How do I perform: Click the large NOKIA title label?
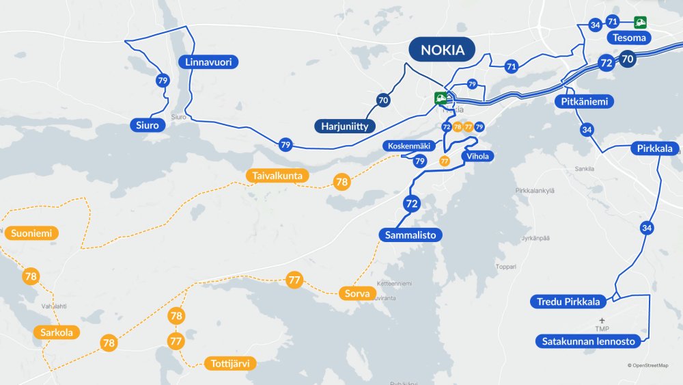coord(442,50)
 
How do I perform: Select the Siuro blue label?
coord(148,126)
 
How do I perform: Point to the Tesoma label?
coord(629,38)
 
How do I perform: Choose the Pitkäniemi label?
coord(584,102)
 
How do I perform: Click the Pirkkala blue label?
coord(654,148)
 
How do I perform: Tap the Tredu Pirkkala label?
coord(568,302)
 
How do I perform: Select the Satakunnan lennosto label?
coord(588,341)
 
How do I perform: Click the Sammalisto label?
coord(410,235)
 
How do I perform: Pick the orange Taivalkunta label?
coord(277,176)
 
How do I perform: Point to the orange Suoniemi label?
coord(31,233)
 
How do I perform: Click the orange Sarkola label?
coord(56,333)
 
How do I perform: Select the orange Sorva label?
coord(357,294)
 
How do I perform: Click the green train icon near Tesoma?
coord(640,22)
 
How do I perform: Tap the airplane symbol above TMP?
coord(602,320)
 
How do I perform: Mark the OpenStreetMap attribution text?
coord(647,365)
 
